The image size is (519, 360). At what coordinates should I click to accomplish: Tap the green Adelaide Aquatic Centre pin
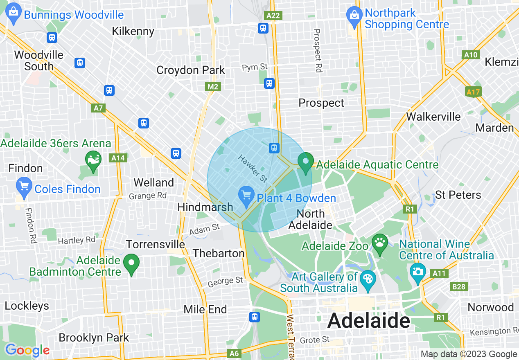coord(305,162)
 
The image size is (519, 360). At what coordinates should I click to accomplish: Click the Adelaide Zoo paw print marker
coord(380,244)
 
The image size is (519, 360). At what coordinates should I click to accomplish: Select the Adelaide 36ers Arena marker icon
coord(94,160)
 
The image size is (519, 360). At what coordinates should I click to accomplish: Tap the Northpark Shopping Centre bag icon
coord(353,16)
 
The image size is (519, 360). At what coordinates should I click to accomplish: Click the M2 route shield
coord(213,87)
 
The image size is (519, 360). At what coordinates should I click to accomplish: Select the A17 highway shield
coord(473,92)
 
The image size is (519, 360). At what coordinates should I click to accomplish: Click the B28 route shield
coord(459,287)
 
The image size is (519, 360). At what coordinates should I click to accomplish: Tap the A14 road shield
coord(118,158)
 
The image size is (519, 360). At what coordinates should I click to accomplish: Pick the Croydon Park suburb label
coord(191,70)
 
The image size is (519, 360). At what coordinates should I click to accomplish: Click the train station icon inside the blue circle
coord(274,148)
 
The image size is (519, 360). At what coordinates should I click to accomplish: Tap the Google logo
coord(27,350)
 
